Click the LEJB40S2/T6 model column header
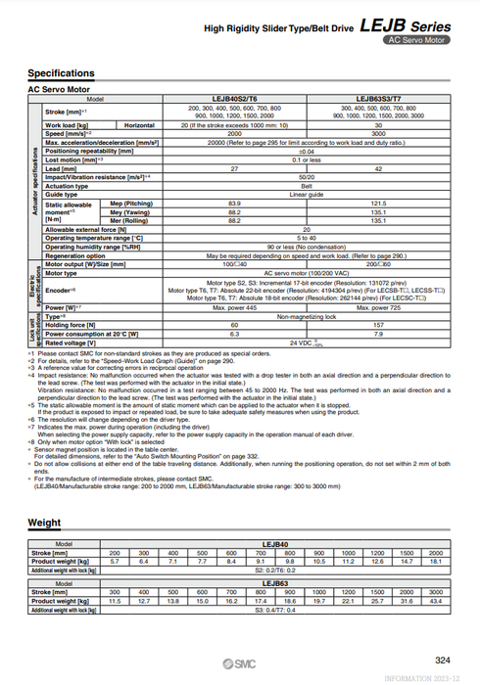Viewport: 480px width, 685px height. pos(234,99)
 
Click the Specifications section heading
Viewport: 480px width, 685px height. pos(61,73)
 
